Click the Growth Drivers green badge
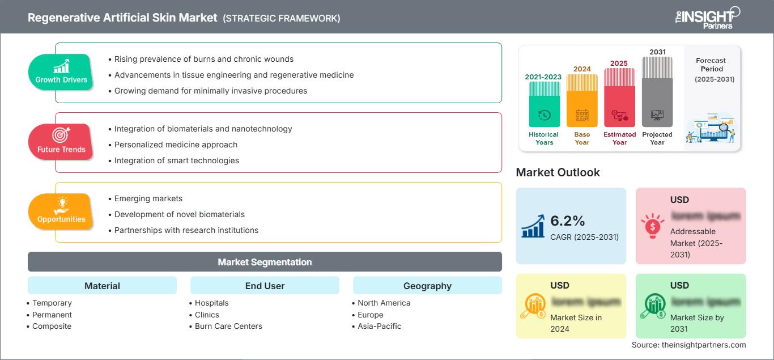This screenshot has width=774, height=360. click(61, 72)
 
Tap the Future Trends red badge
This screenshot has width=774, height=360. click(61, 142)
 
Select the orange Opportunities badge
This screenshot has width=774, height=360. click(61, 211)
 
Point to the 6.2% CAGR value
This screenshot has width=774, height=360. click(568, 221)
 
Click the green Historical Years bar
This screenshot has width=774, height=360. click(543, 104)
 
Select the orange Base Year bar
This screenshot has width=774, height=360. click(582, 101)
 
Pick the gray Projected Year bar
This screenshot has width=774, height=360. click(657, 92)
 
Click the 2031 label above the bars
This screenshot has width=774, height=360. click(657, 52)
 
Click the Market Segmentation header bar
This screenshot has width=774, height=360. click(265, 262)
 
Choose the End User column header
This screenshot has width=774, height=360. click(265, 286)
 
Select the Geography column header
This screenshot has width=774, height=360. click(427, 286)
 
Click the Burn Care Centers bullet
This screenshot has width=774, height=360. click(228, 326)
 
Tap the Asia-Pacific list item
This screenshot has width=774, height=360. click(379, 326)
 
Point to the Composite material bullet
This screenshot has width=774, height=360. click(52, 326)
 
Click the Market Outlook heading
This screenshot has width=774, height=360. click(558, 172)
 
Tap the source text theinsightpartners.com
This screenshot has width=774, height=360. click(688, 345)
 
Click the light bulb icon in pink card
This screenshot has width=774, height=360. click(652, 226)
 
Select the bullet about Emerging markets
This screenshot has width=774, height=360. click(148, 198)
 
